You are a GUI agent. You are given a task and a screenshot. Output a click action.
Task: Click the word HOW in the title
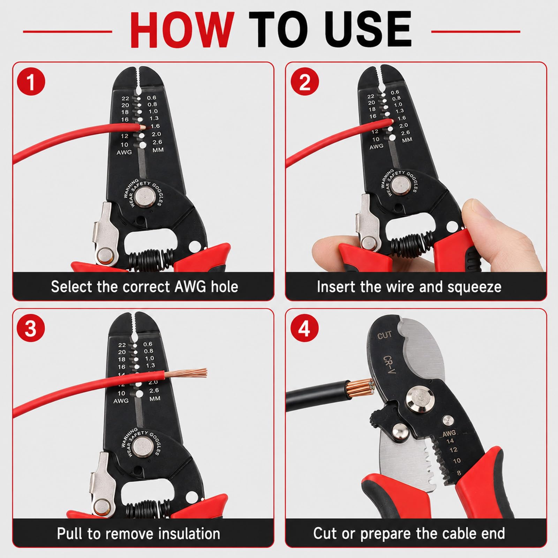tap(182, 31)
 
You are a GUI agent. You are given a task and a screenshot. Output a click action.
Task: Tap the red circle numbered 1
tap(31, 83)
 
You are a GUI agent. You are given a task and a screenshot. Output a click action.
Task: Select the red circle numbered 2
tap(304, 83)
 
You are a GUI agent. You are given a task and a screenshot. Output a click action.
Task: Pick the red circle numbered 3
tap(31, 329)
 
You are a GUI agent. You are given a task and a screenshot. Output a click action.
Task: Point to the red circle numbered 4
tap(304, 329)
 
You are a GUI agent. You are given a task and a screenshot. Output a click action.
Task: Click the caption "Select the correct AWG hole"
tap(144, 287)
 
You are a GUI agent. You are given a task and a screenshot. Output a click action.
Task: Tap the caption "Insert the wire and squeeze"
tap(409, 287)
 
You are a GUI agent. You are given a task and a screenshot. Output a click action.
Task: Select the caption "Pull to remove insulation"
tap(138, 534)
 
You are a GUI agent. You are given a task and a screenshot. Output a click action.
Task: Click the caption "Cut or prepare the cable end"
tap(409, 534)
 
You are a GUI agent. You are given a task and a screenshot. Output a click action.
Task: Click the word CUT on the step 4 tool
tap(385, 335)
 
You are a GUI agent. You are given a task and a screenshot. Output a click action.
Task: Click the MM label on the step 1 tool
tap(158, 150)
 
